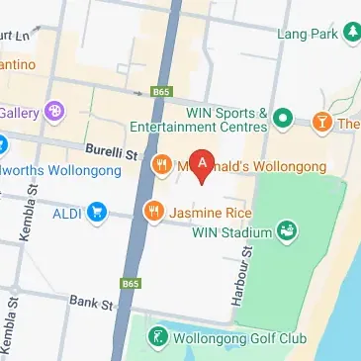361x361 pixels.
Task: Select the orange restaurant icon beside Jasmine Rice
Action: click(x=153, y=210)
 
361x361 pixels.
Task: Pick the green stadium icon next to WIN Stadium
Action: click(x=287, y=231)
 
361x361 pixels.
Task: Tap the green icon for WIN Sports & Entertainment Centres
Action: click(x=284, y=119)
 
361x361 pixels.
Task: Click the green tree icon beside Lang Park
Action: click(x=351, y=35)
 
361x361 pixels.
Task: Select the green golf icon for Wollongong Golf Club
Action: click(x=154, y=338)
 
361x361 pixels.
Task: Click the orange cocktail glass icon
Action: click(x=321, y=123)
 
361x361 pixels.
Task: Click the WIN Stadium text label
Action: click(x=232, y=231)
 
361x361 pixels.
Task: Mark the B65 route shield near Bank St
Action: click(x=131, y=284)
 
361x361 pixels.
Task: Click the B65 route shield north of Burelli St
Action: click(x=161, y=92)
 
